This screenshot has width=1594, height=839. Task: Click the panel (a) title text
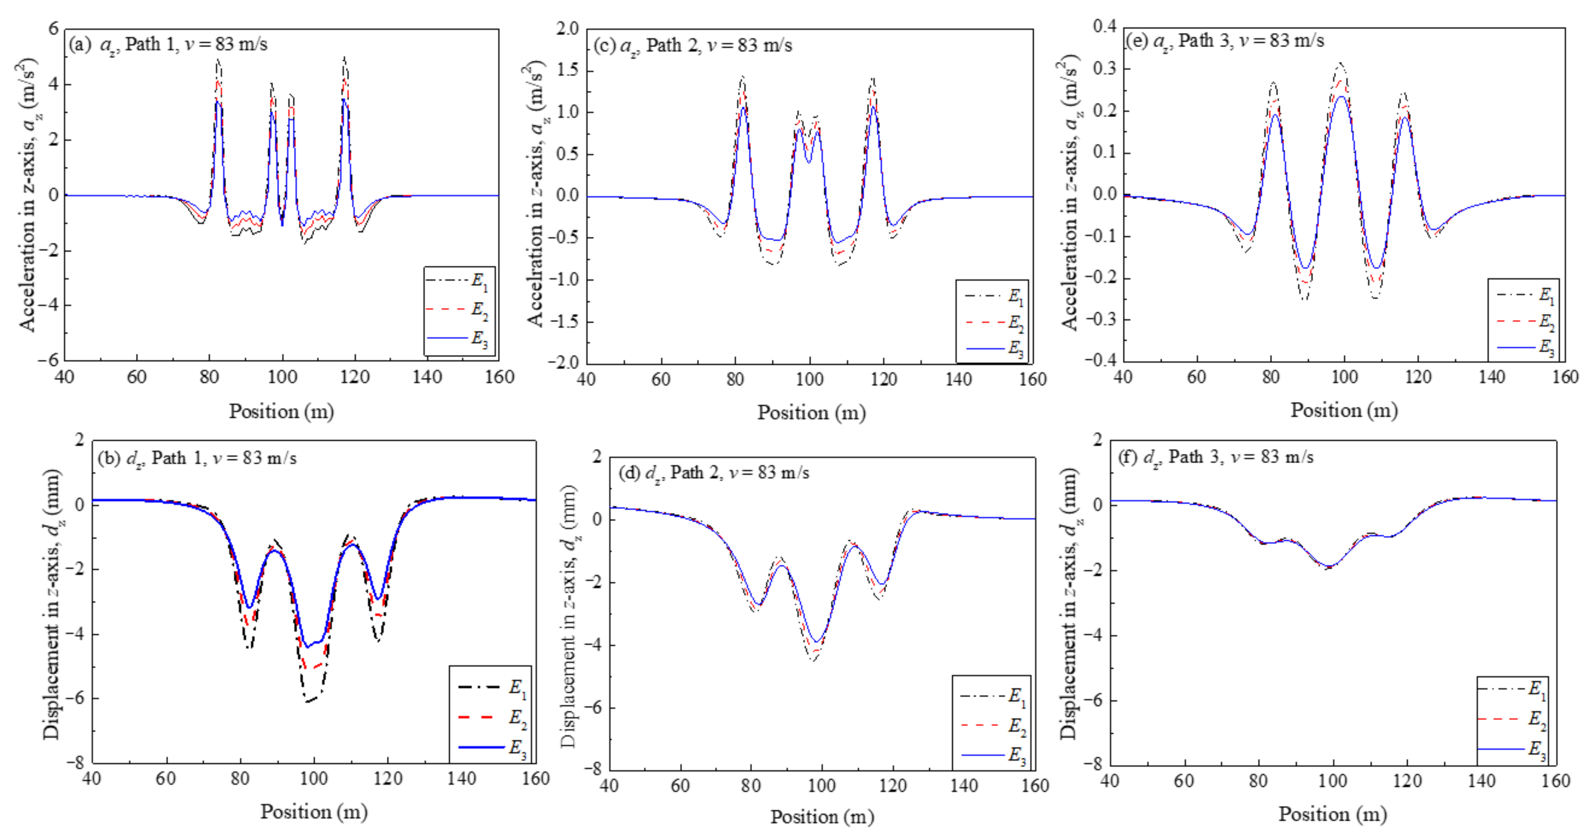tap(168, 44)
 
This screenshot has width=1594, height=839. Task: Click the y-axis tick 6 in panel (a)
tap(54, 29)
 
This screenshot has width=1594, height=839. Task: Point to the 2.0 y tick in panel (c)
tap(567, 29)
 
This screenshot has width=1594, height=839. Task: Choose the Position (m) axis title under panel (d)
tap(822, 817)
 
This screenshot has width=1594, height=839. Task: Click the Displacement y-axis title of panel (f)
tap(1069, 603)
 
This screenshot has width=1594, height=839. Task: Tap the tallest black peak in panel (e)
tap(1341, 63)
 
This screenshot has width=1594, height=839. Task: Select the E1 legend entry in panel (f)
tap(1512, 689)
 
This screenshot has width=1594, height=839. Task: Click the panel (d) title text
tap(714, 473)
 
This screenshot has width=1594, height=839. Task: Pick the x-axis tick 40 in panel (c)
tap(586, 379)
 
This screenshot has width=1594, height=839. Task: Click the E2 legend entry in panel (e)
tap(1526, 322)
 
